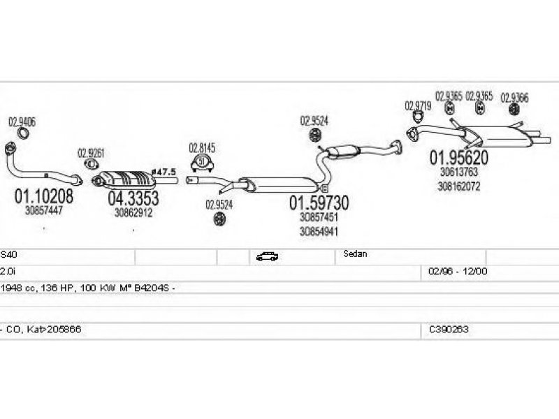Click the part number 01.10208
click(43, 196)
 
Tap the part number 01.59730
click(319, 203)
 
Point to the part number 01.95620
click(458, 158)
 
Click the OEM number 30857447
click(43, 210)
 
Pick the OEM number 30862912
click(133, 212)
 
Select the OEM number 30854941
click(319, 232)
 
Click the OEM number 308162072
click(459, 186)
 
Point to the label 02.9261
click(91, 153)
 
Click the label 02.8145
click(202, 148)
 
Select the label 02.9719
click(418, 106)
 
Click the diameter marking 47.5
click(165, 171)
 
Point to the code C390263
click(449, 329)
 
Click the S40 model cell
click(7, 255)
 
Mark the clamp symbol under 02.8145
click(202, 163)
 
